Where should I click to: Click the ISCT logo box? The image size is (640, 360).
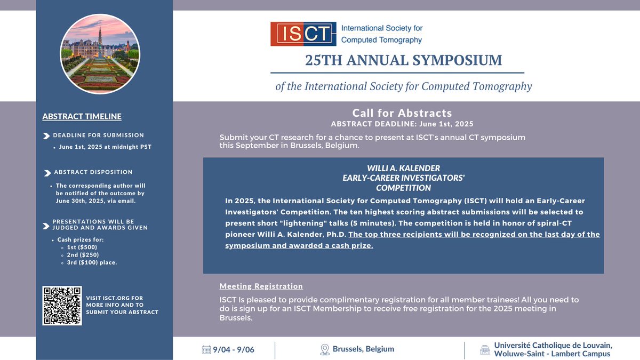click(303, 34)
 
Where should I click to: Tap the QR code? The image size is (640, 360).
click(62, 306)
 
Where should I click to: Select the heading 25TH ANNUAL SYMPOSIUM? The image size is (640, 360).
click(403, 60)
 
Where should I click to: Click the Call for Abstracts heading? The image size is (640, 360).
click(402, 113)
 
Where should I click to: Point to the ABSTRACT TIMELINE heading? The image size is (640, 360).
click(82, 116)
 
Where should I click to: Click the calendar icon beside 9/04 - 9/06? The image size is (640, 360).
click(206, 350)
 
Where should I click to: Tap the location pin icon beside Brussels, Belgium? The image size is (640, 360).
click(324, 350)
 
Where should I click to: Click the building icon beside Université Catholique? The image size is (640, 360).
click(484, 350)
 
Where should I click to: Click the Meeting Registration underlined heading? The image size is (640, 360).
click(261, 286)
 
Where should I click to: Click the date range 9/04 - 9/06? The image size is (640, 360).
click(234, 350)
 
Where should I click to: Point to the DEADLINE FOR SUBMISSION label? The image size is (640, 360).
click(98, 135)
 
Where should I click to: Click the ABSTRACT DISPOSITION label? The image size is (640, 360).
click(93, 172)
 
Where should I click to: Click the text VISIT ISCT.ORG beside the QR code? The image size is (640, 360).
click(114, 298)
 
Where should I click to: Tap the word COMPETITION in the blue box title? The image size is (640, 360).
click(403, 188)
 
